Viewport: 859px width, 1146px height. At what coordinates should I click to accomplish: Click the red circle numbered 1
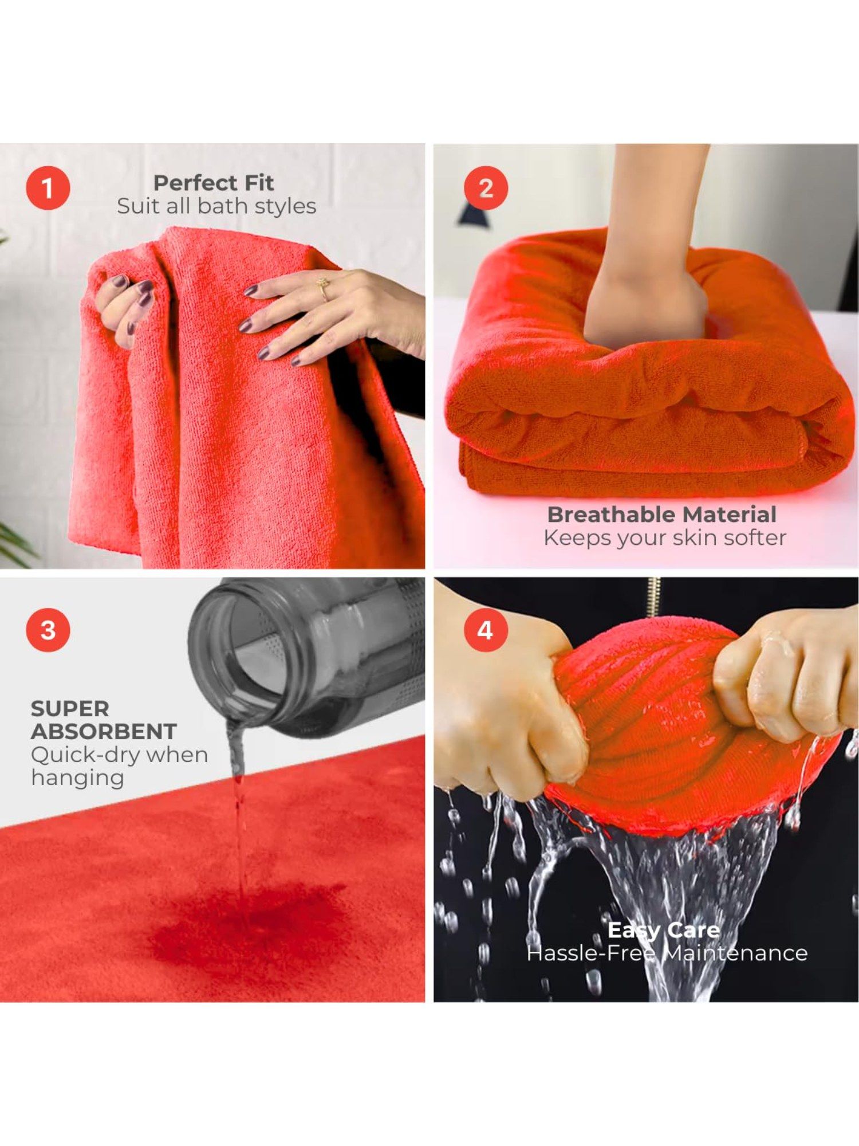click(x=48, y=189)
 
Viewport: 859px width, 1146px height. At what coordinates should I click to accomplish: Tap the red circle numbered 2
click(x=486, y=189)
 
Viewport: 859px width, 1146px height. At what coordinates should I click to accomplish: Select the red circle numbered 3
click(x=48, y=630)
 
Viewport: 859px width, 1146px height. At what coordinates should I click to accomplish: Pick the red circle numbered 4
click(x=486, y=630)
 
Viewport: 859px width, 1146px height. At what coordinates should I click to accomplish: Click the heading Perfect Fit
click(x=214, y=183)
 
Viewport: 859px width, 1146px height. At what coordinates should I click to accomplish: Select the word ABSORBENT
click(x=104, y=732)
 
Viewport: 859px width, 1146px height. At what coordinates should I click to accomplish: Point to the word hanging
click(x=77, y=778)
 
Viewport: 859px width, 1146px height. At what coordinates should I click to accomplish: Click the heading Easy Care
click(x=663, y=930)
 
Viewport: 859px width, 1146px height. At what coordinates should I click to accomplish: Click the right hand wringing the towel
click(x=785, y=676)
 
